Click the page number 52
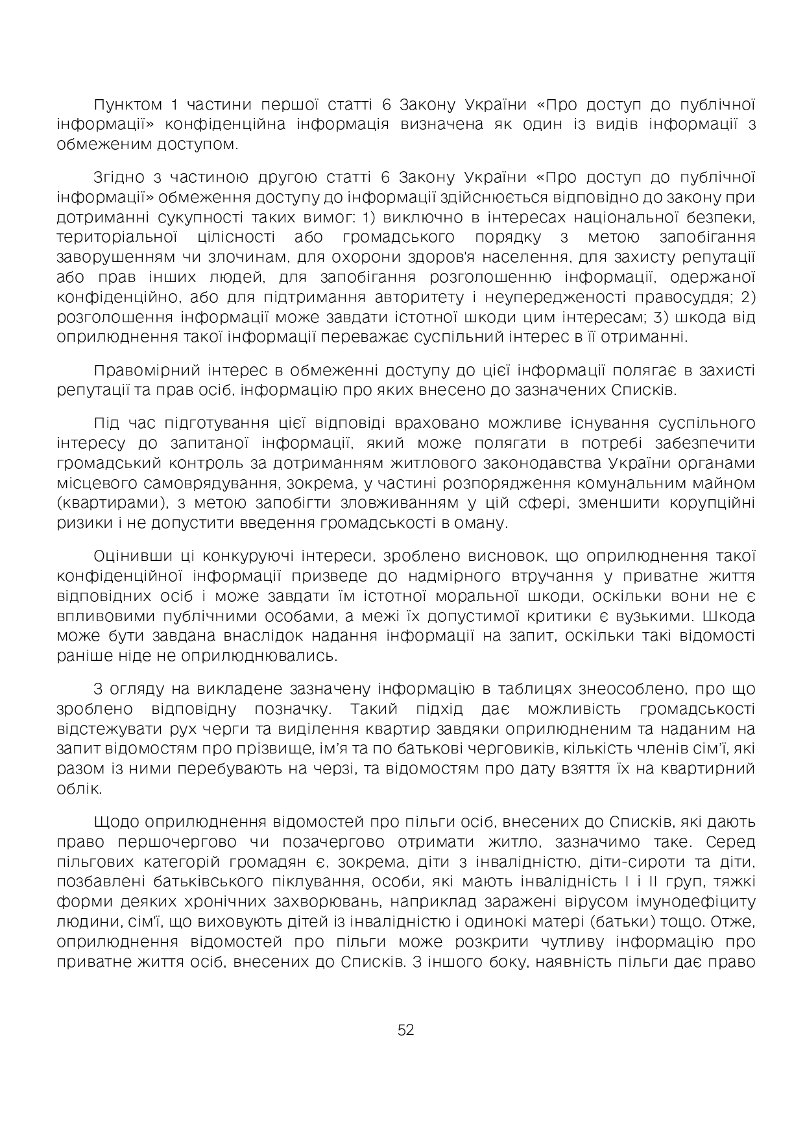(x=405, y=1030)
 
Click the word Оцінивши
(x=132, y=556)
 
